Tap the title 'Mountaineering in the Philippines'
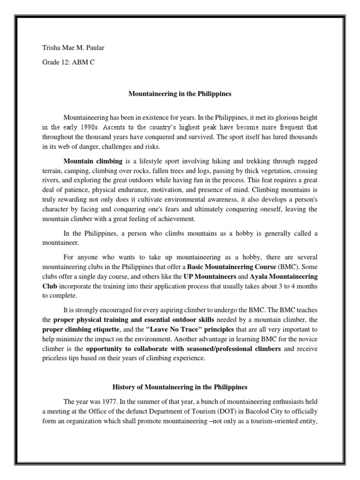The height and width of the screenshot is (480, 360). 180,94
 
